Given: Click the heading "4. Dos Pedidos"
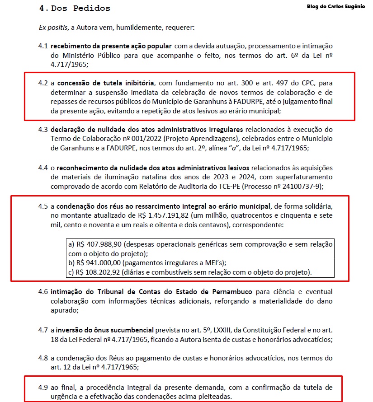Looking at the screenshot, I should click(x=75, y=8).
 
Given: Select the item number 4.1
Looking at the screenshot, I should click(x=43, y=46).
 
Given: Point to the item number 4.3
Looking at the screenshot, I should click(x=43, y=130).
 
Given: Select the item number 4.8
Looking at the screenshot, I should click(x=43, y=358).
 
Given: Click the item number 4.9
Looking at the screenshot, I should click(x=43, y=388).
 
